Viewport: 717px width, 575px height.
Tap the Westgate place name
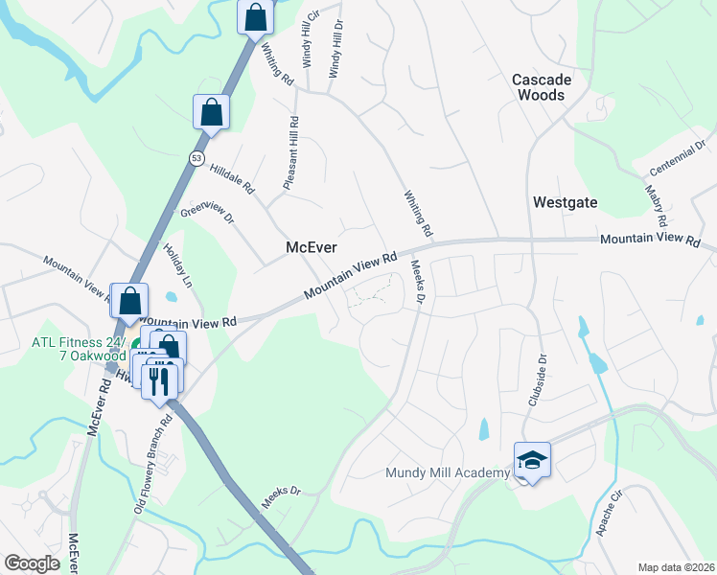566,202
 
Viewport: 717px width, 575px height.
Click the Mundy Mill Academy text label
447,473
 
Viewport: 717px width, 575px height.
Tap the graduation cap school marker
532,461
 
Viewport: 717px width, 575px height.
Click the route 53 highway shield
196,158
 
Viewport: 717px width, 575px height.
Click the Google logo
32,563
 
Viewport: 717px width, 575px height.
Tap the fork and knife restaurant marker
159,380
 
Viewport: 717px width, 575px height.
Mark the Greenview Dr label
207,212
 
